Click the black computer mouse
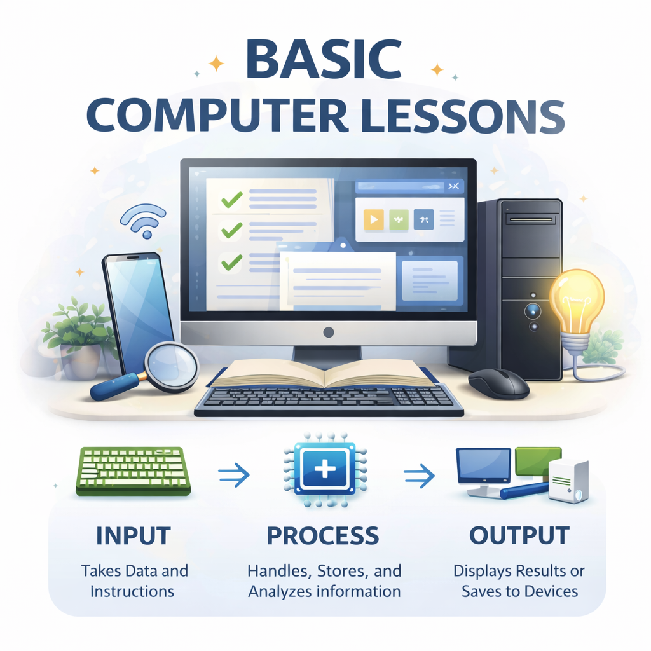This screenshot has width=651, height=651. pos(498,383)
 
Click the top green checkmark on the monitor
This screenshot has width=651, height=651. pos(231,201)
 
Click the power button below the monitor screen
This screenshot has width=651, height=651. pos(328,332)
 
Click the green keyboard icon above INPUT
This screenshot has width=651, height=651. pos(134,470)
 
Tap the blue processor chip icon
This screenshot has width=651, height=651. pos(325,470)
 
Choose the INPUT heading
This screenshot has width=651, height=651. pos(133,535)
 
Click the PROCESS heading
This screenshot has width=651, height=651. pos(323,535)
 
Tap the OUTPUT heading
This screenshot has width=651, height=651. pos(519,535)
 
